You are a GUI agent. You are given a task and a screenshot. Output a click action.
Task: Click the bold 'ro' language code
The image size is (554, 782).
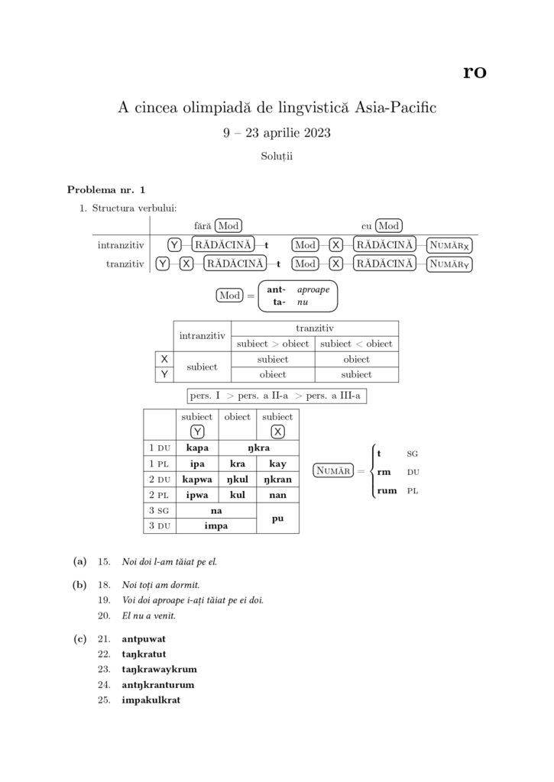[x=475, y=73]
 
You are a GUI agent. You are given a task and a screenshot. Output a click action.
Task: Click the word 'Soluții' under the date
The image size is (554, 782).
[x=277, y=157]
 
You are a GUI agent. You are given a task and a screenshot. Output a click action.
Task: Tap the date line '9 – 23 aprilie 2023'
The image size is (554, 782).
[x=277, y=133]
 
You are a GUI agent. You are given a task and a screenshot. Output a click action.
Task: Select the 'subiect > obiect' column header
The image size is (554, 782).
[x=273, y=344]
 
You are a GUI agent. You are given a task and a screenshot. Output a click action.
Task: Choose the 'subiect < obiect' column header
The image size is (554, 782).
[x=357, y=344]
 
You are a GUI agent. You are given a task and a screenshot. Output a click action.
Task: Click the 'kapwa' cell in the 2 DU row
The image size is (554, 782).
[x=198, y=478]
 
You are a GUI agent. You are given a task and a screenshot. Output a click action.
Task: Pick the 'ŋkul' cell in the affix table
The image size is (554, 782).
[x=237, y=478]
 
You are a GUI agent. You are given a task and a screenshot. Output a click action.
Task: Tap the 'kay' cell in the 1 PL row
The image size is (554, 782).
[x=277, y=463]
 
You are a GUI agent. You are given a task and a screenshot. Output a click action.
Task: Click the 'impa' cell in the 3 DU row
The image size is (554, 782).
[x=217, y=525]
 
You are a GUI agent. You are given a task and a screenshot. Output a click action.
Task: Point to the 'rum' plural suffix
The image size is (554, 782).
[x=387, y=490]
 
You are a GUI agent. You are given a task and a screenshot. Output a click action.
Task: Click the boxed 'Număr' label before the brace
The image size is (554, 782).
[x=335, y=471]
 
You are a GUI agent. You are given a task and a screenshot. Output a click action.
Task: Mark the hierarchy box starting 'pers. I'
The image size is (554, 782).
[x=277, y=396]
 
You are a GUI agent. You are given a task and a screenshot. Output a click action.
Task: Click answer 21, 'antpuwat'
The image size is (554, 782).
[x=144, y=638]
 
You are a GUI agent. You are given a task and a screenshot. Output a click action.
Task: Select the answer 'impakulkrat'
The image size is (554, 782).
[x=151, y=700]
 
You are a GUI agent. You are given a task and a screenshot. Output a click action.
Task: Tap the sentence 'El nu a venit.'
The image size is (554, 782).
[x=149, y=616]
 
